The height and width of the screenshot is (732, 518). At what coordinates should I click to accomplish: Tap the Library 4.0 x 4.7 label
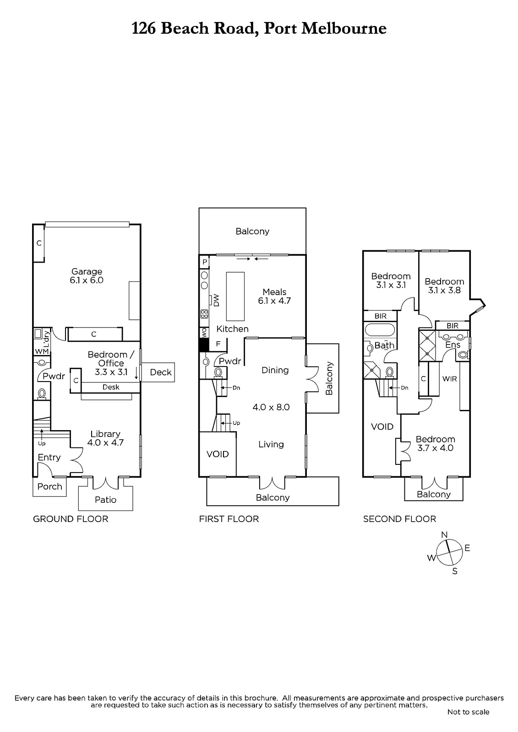click(105, 438)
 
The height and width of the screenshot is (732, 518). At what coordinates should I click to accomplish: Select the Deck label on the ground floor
click(161, 372)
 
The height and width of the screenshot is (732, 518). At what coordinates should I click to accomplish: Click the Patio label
click(106, 500)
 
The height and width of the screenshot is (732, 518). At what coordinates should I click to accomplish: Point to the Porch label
click(50, 487)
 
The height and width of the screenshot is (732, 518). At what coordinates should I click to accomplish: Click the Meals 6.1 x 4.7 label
click(274, 296)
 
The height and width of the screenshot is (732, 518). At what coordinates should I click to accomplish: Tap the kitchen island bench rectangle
click(235, 296)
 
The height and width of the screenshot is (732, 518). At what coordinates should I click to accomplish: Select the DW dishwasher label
click(216, 300)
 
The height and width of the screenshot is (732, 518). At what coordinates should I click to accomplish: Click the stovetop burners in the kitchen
click(204, 314)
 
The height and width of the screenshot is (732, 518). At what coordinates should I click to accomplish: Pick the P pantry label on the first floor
click(205, 262)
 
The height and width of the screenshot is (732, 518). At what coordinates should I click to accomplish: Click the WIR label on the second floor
click(450, 379)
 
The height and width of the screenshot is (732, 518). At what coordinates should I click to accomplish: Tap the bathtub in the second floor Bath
click(380, 329)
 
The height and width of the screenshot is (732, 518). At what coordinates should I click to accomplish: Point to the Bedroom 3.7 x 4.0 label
click(435, 443)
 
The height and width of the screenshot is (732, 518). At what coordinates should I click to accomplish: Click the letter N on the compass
click(444, 535)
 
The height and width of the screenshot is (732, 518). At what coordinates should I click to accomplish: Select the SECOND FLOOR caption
click(399, 519)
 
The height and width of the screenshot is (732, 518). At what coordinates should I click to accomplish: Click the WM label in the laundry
click(42, 352)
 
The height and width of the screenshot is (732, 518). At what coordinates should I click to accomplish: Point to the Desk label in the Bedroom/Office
click(111, 387)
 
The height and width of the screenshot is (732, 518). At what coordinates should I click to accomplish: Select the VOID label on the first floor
click(218, 454)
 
